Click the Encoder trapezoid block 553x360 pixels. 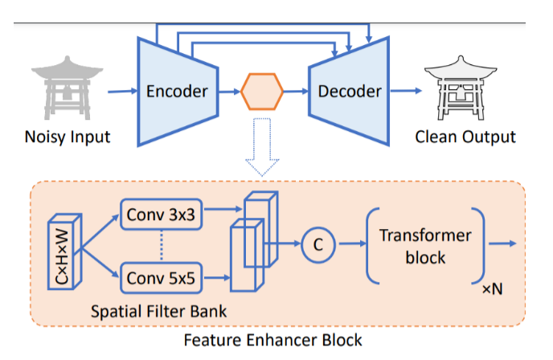[176, 91]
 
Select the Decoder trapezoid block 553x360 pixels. [348, 91]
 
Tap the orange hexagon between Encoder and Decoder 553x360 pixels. [262, 91]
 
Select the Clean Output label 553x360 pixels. [465, 137]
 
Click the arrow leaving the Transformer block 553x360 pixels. [502, 242]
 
